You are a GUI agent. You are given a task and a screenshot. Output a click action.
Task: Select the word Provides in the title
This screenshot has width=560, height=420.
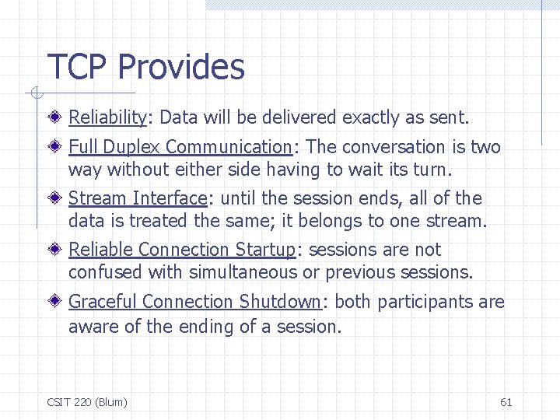pos(181,68)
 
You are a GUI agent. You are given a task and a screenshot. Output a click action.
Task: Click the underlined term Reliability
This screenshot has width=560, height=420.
pos(108,118)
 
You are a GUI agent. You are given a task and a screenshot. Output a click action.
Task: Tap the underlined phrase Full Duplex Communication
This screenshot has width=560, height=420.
pos(180,147)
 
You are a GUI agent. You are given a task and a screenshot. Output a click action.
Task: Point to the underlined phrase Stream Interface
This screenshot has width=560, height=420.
pos(138,198)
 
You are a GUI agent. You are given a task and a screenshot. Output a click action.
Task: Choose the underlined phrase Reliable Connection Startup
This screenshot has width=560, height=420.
pos(182,250)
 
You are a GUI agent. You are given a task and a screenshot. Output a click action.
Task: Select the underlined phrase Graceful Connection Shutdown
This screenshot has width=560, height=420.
pos(194,302)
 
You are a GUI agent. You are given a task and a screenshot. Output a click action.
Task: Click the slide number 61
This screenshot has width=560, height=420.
pos(506,402)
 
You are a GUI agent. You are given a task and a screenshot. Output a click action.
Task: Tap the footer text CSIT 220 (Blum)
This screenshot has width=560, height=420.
pos(87,402)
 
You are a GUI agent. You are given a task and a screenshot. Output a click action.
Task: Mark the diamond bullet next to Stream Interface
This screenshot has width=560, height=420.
pos(58,198)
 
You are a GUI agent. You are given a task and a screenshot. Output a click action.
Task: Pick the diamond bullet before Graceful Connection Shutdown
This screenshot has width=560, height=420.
pos(58,302)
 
